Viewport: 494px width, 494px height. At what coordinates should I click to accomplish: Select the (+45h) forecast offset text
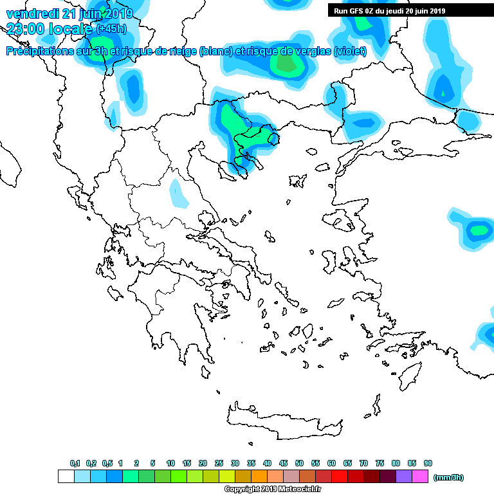[x=111, y=29]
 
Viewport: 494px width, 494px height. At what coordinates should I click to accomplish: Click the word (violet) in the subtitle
[x=350, y=51]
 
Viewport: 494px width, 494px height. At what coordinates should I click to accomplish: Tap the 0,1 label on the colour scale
[x=75, y=463]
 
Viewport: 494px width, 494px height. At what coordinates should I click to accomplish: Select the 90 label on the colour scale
[x=428, y=463]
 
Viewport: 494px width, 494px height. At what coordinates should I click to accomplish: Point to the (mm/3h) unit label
[x=448, y=477]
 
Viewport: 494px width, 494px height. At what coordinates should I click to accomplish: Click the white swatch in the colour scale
[x=66, y=476]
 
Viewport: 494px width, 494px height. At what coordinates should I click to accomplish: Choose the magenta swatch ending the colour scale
[x=419, y=476]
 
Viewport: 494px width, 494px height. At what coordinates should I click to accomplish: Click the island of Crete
[x=283, y=421]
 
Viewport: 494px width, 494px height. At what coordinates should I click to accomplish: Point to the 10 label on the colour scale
[x=170, y=463]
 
